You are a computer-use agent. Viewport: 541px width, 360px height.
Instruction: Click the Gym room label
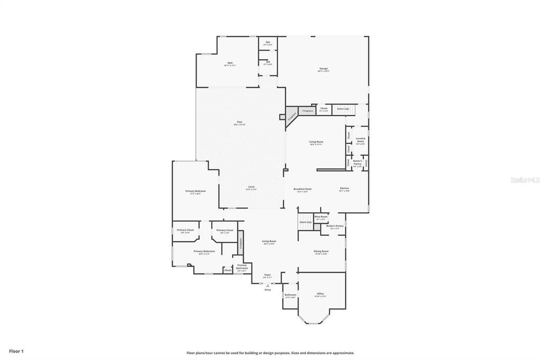coord(230,63)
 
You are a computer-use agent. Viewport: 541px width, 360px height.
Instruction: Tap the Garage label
coord(323,69)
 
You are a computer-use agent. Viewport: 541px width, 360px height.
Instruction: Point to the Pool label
coord(239,122)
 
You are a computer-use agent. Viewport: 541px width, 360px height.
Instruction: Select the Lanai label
coord(251,187)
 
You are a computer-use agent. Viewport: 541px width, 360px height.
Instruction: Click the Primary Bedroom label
coord(195,191)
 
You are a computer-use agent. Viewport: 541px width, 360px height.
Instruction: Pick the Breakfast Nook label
coord(303,189)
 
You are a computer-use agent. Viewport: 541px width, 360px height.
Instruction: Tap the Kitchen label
coord(344,189)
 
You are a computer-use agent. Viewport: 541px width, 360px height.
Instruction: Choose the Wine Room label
coord(321,217)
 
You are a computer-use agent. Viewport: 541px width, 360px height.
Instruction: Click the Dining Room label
coord(321,252)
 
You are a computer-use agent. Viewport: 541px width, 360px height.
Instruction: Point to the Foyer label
coord(267,275)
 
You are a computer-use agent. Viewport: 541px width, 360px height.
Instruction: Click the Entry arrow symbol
coord(267,285)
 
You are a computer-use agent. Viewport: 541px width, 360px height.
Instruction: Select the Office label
coord(320,293)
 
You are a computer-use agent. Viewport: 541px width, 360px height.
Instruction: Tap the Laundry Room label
coord(360,139)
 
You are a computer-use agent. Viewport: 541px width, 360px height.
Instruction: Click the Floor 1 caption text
coord(16,350)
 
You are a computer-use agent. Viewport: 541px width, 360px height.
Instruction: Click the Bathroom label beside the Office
coord(291,295)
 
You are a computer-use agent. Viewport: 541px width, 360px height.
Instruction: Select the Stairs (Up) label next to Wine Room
coord(305,222)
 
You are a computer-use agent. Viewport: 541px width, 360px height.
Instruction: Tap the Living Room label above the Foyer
coord(269,242)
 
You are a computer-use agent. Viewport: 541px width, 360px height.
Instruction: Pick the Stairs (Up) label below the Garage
coord(343,109)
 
